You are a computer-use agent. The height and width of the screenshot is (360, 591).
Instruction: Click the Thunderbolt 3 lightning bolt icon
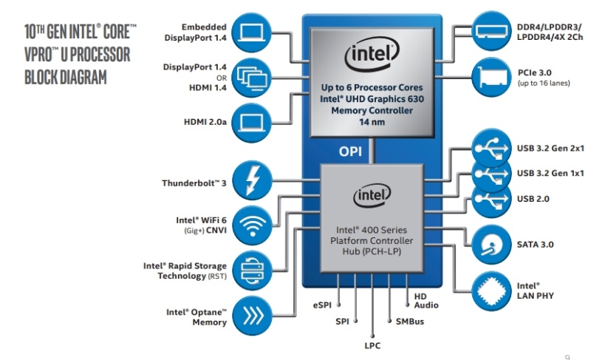point(251,180)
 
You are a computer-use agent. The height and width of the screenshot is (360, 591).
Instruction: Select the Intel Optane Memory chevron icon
point(251,313)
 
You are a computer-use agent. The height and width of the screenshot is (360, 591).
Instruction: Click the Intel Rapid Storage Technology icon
point(251,269)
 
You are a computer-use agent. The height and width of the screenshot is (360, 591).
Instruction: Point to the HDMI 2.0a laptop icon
point(251,120)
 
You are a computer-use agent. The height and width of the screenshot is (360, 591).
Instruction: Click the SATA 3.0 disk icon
point(490,243)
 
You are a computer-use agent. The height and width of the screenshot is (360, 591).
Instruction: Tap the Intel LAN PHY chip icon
point(490,290)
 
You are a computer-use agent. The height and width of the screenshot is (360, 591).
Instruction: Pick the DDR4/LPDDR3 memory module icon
point(490,32)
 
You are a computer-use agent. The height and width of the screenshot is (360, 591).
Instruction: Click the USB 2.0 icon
point(490,199)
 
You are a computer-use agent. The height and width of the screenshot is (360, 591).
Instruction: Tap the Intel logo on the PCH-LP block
point(371,196)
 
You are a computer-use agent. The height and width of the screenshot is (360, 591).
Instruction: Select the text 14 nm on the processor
point(371,122)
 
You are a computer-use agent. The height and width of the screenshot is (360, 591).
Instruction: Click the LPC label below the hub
point(372,344)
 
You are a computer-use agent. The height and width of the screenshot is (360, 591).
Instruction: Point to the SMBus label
point(410,322)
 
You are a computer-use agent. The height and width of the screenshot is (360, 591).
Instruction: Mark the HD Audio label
point(426,300)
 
